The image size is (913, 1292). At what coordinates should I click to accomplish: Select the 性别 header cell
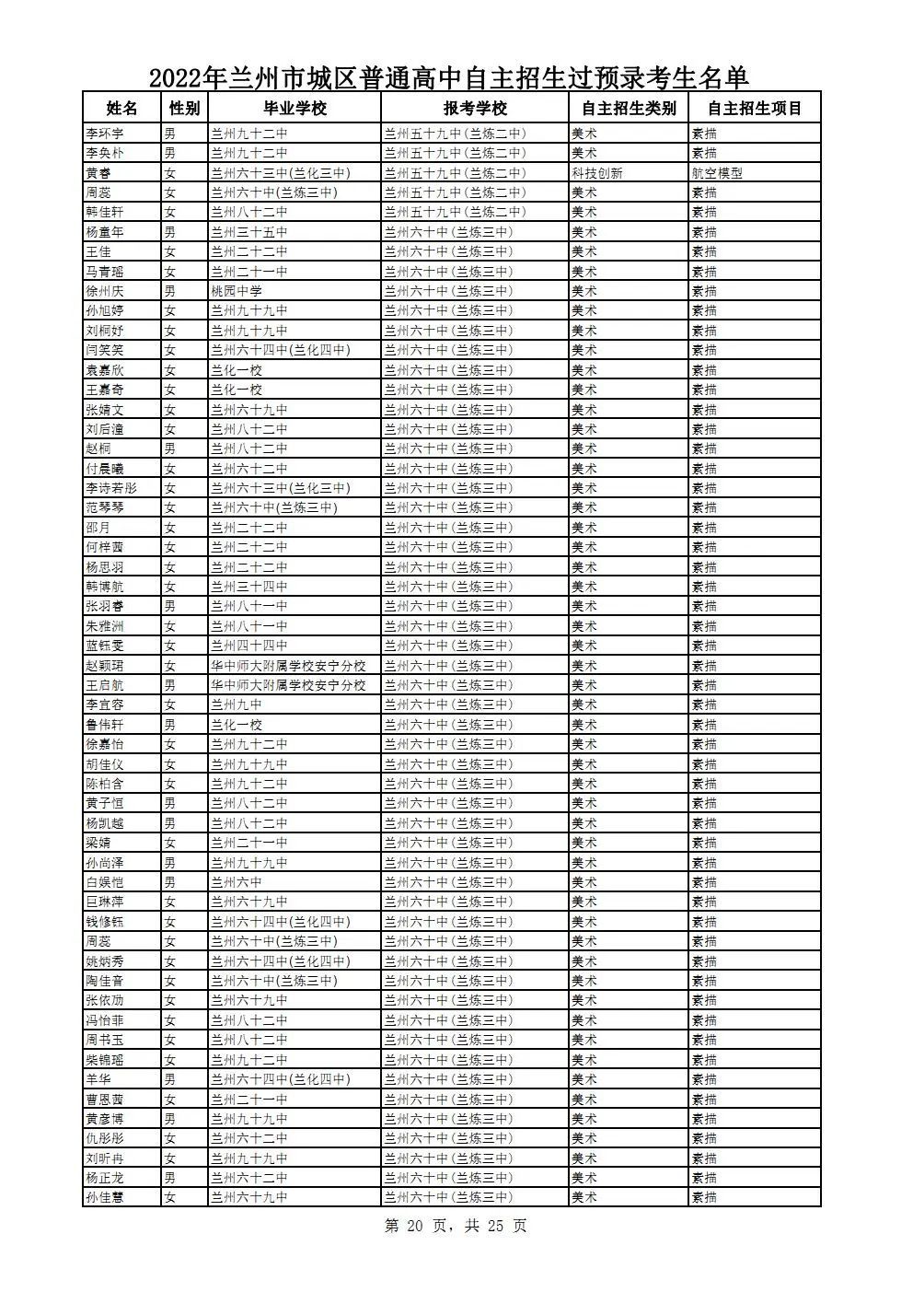[x=183, y=108]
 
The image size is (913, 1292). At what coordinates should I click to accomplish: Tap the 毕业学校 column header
[x=295, y=108]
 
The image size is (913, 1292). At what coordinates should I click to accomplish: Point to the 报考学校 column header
[x=475, y=108]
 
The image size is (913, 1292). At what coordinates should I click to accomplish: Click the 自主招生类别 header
[x=629, y=108]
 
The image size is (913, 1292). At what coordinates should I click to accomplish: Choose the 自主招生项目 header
[x=755, y=108]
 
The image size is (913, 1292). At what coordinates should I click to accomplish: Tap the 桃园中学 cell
[x=237, y=291]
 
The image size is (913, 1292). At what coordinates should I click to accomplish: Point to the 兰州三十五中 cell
[x=248, y=232]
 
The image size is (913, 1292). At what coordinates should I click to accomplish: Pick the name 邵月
[x=98, y=528]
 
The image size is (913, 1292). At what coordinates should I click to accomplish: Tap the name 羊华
[x=98, y=1079]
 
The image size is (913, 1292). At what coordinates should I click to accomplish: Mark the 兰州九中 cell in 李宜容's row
[x=237, y=704]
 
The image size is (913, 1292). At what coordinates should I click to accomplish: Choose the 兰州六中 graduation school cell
[x=237, y=882]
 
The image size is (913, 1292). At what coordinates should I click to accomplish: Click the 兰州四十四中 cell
[x=248, y=646]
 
